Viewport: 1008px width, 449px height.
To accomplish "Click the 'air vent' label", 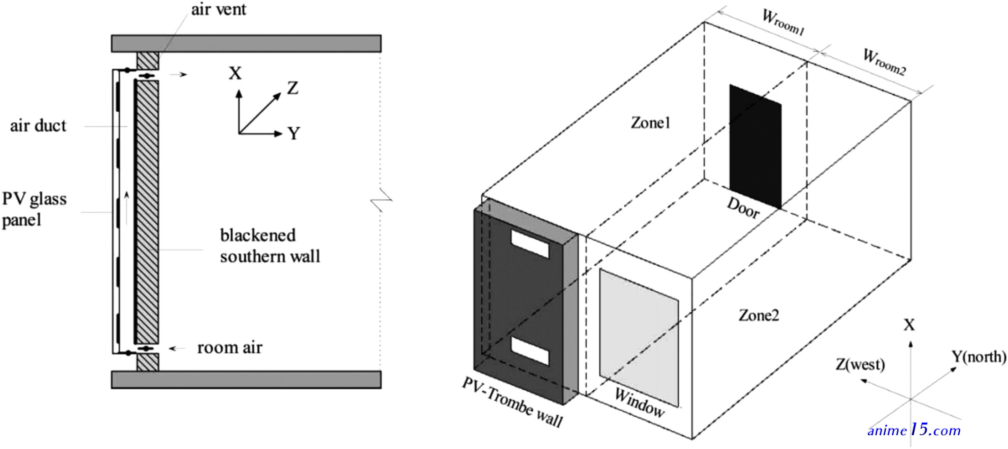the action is pyautogui.click(x=218, y=9).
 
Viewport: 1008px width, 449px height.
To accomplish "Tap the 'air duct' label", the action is pyautogui.click(x=38, y=126).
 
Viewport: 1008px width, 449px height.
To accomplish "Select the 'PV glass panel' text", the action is pyautogui.click(x=34, y=209).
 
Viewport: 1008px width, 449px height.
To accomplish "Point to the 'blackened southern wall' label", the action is pyautogui.click(x=270, y=246).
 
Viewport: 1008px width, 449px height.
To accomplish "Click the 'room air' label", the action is pyautogui.click(x=230, y=348).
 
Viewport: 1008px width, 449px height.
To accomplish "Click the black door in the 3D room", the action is pyautogui.click(x=755, y=147).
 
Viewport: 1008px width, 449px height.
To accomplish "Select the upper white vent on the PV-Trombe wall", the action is pyautogui.click(x=530, y=244).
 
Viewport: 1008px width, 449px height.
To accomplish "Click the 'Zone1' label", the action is pyautogui.click(x=650, y=123).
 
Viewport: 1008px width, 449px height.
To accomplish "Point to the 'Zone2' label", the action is pyautogui.click(x=759, y=315).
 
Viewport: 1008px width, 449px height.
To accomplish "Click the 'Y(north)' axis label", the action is pyautogui.click(x=979, y=357).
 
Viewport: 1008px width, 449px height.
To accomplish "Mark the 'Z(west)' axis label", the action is pyautogui.click(x=860, y=365).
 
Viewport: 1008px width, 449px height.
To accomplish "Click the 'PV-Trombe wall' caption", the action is pyautogui.click(x=512, y=403).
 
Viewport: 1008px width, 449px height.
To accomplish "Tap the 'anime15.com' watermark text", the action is pyautogui.click(x=914, y=430).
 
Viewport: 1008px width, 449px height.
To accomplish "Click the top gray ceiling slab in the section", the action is pyautogui.click(x=246, y=43).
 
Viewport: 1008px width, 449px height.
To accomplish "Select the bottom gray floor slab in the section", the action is pyautogui.click(x=246, y=380).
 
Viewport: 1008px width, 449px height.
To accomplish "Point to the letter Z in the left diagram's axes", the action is pyautogui.click(x=293, y=88).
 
